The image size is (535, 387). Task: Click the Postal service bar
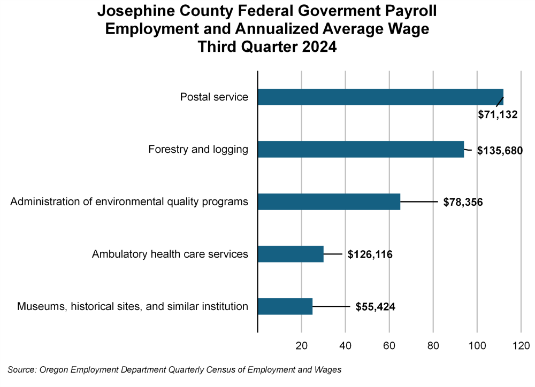(380, 97)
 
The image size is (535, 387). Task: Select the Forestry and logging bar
(361, 149)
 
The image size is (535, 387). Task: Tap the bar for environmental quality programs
(329, 202)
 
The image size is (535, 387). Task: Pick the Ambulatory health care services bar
(291, 254)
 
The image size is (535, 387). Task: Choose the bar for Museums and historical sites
(285, 306)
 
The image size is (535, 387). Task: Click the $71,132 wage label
(498, 114)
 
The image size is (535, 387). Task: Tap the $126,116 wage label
(370, 254)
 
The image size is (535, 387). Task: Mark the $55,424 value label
(376, 307)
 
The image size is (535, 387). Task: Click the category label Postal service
(214, 97)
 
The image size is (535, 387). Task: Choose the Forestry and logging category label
(198, 149)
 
